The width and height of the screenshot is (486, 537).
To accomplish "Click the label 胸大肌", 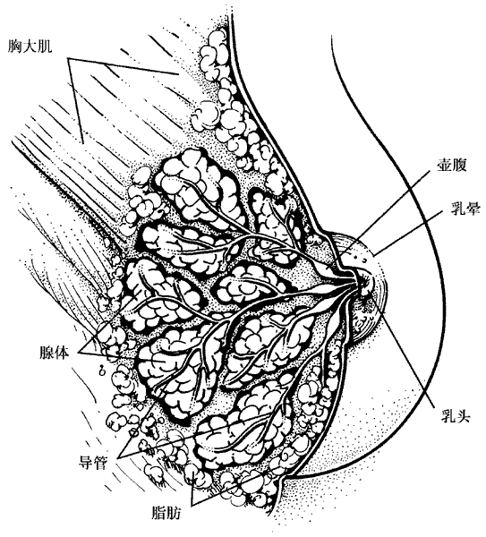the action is (30, 46).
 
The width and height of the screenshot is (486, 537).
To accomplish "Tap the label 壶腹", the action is (452, 165).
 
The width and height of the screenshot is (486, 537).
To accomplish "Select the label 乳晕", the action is (465, 208).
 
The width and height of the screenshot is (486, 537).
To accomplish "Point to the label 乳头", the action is (456, 416).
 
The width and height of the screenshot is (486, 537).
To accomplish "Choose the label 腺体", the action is (55, 353).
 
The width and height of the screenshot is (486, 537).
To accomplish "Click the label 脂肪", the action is (166, 513).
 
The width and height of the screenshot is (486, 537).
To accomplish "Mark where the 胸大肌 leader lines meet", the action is (68, 59).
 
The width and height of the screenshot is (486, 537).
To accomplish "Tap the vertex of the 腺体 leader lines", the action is (79, 353).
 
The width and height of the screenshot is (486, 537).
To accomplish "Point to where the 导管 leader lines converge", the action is (118, 458).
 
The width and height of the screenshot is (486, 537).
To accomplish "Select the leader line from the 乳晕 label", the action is (407, 234).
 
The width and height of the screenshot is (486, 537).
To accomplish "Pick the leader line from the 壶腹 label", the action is (384, 213).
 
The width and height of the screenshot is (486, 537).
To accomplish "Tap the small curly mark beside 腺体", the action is (101, 370).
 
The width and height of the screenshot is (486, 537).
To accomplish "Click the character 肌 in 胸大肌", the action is (45, 46).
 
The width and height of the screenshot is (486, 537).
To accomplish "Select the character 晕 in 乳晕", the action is (472, 208).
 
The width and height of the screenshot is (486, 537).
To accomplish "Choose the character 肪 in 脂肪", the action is (174, 513).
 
